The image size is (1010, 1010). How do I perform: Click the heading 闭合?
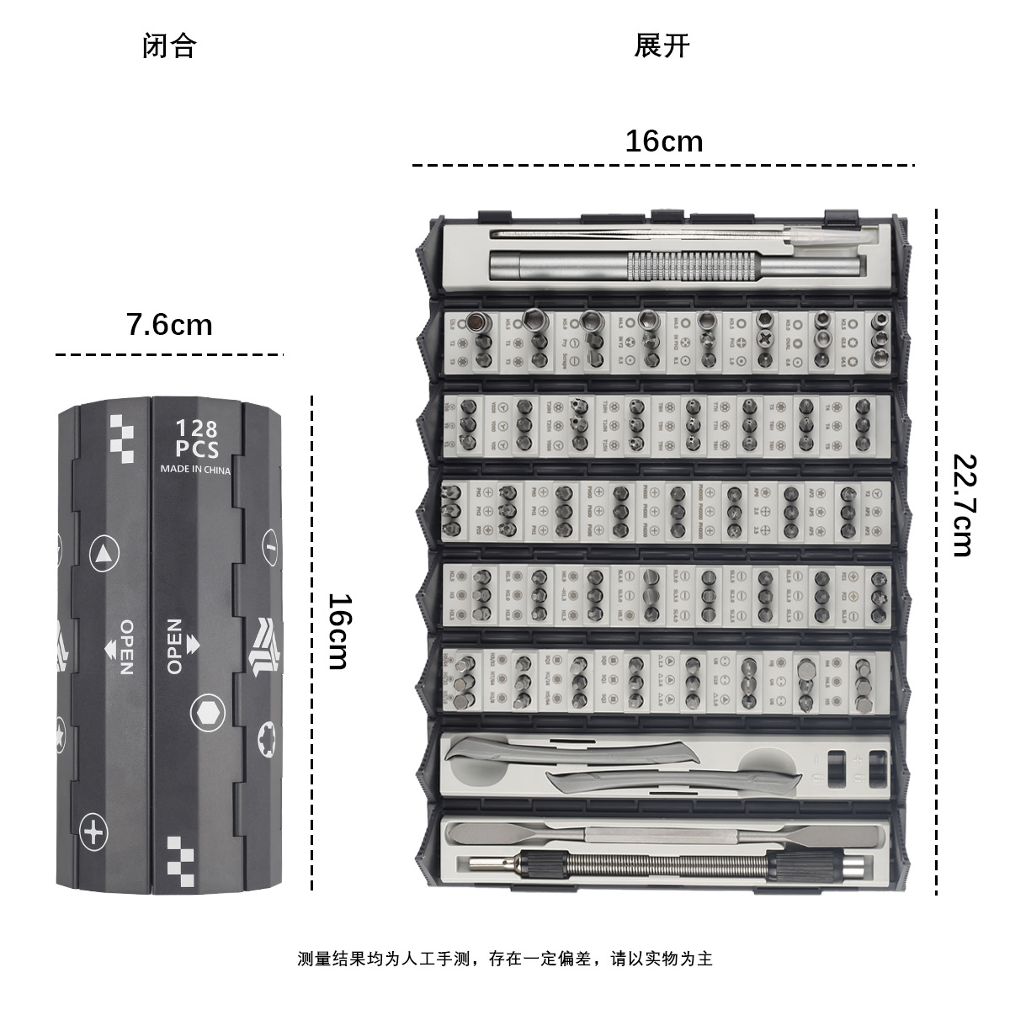tap(169, 45)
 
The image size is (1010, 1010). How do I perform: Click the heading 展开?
tap(662, 45)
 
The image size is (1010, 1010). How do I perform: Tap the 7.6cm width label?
tap(169, 324)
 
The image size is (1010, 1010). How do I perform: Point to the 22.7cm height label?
tap(962, 505)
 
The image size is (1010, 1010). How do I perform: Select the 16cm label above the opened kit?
tap(663, 141)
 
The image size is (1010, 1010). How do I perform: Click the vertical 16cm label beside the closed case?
tap(338, 631)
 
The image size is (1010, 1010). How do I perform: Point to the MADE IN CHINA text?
tap(195, 470)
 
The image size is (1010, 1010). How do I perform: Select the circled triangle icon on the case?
tap(104, 555)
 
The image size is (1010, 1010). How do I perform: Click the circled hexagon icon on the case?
tap(207, 713)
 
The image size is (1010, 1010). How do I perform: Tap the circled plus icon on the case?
tap(94, 832)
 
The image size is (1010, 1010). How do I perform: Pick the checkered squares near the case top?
tap(122, 437)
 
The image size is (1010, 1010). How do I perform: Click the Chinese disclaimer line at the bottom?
tap(505, 958)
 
